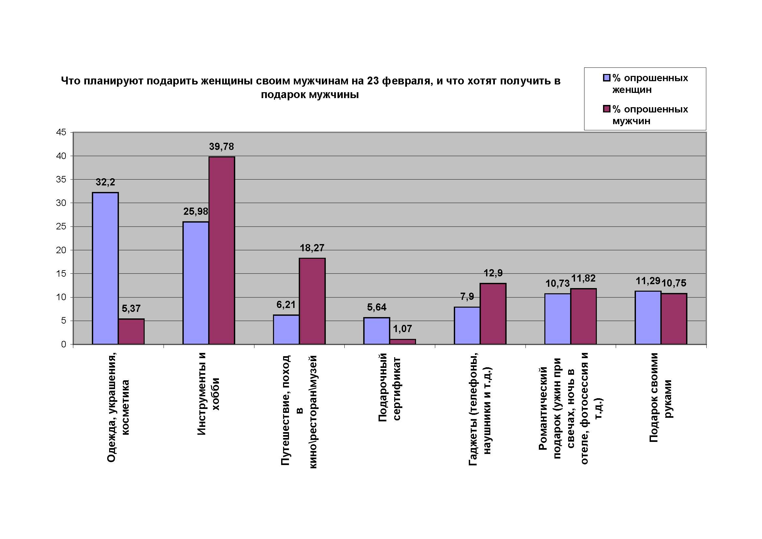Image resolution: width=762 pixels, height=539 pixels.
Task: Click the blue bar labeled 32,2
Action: point(105,268)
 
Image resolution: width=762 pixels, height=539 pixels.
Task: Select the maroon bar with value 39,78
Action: point(222,250)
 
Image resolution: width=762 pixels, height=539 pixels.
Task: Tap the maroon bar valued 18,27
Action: point(312,301)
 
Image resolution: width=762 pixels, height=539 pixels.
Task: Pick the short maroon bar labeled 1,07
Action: point(403,342)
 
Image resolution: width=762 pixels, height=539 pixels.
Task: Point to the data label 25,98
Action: point(196,211)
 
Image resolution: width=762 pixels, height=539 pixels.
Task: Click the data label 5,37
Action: point(131,309)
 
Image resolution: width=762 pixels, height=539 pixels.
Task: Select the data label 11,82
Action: point(583,278)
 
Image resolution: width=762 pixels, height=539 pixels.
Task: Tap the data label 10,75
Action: point(674,283)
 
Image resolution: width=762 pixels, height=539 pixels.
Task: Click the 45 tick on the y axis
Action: point(61,132)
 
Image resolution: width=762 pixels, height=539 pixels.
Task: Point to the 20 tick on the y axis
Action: point(61,250)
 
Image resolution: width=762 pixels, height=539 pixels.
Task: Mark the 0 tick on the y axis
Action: point(64,344)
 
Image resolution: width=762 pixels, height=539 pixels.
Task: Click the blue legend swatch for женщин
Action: point(607,78)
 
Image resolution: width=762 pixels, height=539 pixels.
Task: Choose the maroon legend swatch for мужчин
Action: point(607,109)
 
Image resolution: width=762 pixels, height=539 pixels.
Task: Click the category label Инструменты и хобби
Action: point(208,394)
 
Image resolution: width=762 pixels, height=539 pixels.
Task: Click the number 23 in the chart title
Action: point(373,81)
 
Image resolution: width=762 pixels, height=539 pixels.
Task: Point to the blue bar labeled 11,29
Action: point(648,318)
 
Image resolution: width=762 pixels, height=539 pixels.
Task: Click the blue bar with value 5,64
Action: point(377,331)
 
